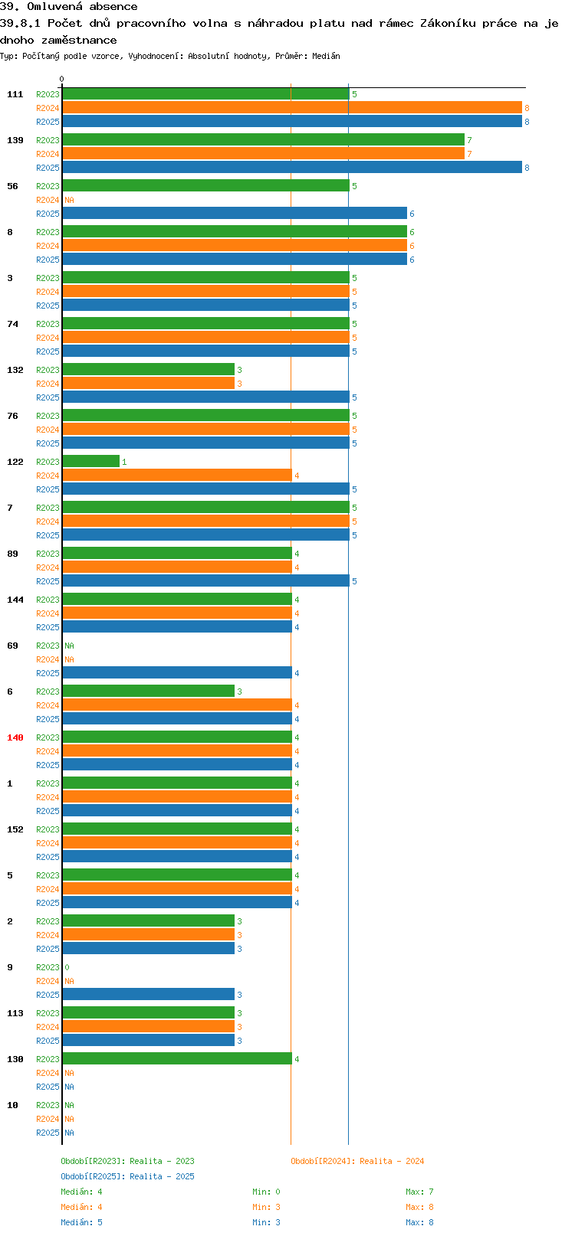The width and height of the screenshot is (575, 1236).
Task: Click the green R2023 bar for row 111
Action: (x=205, y=94)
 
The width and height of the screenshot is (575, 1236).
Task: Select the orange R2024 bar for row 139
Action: (x=263, y=154)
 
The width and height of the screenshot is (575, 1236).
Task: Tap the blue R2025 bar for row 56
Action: (x=234, y=214)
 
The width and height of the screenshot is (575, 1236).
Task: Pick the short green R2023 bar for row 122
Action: (x=90, y=461)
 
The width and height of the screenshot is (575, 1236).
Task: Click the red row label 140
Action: (x=15, y=737)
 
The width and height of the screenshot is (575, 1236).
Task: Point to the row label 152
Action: (x=15, y=829)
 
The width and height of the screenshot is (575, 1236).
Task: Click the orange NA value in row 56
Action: (x=69, y=200)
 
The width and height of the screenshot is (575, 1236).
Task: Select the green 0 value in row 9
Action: (x=67, y=967)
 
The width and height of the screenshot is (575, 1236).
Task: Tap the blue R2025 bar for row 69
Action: (x=177, y=672)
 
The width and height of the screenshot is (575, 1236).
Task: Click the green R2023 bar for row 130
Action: (x=177, y=1058)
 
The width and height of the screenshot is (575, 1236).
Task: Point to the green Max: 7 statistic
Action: (x=419, y=1192)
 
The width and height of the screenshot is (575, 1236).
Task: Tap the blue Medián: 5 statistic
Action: (x=81, y=1222)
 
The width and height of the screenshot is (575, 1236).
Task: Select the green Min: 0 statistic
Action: (x=266, y=1192)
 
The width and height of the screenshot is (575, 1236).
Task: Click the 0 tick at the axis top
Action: (x=61, y=79)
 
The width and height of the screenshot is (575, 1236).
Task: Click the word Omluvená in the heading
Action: (x=54, y=7)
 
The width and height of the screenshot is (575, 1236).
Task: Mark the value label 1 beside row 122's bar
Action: (x=124, y=462)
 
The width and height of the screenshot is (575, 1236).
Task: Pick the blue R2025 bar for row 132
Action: (x=205, y=397)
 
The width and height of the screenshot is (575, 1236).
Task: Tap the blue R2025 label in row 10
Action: (x=48, y=1133)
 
